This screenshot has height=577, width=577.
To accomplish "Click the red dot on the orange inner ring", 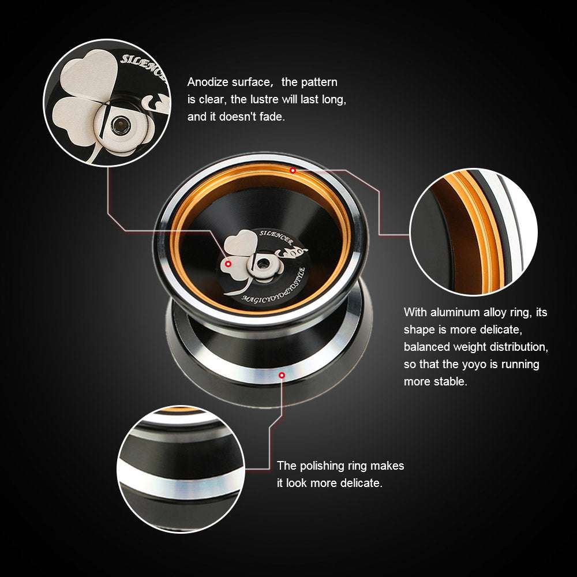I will tap(293, 170).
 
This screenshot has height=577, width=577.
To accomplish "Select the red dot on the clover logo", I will tap(228, 264).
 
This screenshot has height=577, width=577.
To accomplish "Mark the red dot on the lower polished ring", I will tap(282, 376).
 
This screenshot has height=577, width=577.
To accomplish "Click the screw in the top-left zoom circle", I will tap(121, 122).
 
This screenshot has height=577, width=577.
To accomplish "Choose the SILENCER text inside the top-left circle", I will tap(141, 66).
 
